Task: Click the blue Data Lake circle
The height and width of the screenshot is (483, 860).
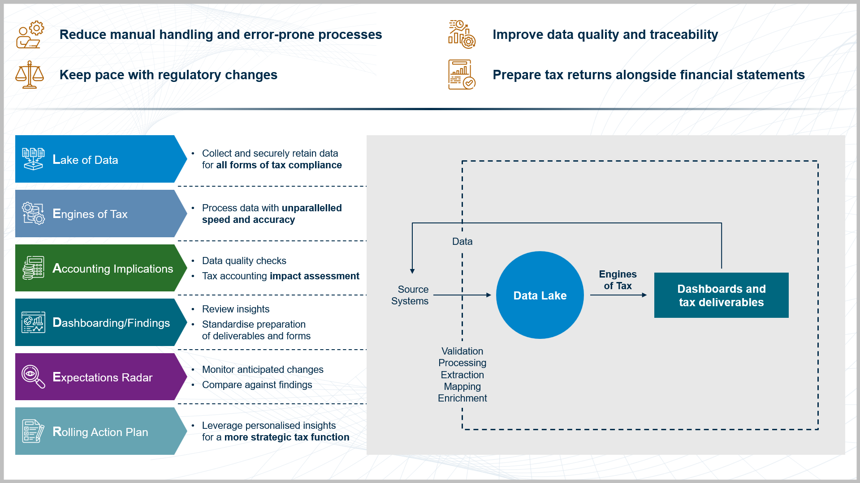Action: tap(540, 295)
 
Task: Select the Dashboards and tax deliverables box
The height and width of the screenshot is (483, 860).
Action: tap(721, 295)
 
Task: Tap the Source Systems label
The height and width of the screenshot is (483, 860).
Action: tap(410, 295)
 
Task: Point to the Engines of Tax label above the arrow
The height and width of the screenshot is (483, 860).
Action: tap(618, 280)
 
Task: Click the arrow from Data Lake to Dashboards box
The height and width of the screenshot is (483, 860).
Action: tap(618, 295)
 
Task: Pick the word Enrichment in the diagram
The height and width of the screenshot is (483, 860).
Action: tap(462, 398)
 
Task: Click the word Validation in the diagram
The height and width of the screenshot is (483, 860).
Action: tap(462, 351)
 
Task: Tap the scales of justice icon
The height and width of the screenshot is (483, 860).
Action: tap(30, 75)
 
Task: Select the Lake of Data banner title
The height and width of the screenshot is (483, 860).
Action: tap(85, 160)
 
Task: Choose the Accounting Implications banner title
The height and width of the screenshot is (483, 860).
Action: tap(112, 269)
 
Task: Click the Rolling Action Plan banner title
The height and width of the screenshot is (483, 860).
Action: tap(100, 432)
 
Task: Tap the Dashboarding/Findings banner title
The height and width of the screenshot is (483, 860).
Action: tap(111, 323)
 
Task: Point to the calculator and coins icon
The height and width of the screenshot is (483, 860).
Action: tap(33, 268)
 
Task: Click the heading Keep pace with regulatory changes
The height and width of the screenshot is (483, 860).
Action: tap(168, 75)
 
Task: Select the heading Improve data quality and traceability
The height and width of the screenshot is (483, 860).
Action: tap(605, 34)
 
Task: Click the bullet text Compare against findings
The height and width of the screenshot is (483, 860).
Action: tap(257, 385)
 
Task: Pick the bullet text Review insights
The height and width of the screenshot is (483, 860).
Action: tap(236, 309)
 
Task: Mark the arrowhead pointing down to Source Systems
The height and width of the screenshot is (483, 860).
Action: tap(412, 271)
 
